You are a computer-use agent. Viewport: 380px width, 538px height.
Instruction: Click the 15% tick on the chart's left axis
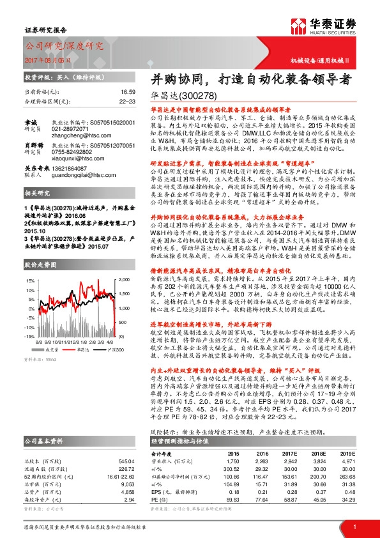click(x=29, y=281)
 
